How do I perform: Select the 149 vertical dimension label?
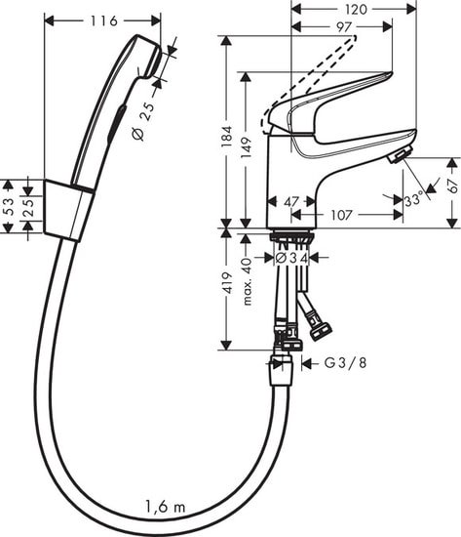click(x=251, y=147)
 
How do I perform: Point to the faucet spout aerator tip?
click(x=398, y=156)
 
